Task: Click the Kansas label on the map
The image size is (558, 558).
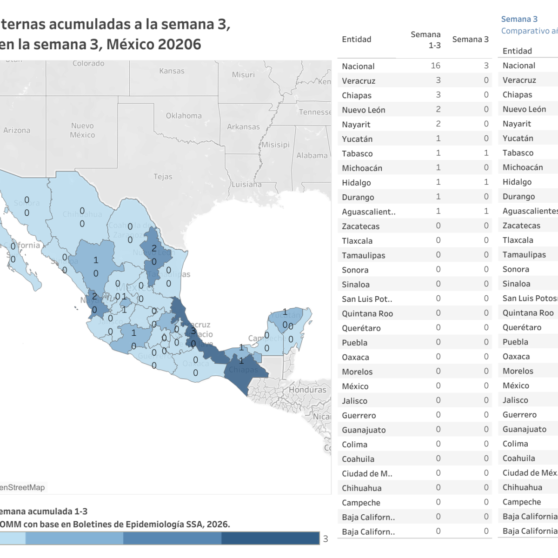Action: [x=172, y=71]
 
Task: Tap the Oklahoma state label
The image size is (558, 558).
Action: [x=184, y=116]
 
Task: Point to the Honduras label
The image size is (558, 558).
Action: [x=307, y=390]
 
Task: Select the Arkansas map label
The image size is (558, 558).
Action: [x=243, y=126]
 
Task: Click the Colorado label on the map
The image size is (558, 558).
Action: [x=88, y=63]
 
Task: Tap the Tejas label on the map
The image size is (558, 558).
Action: [x=163, y=177]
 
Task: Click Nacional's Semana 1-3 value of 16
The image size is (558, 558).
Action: [x=435, y=66]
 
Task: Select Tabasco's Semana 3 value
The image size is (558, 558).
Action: [x=486, y=153]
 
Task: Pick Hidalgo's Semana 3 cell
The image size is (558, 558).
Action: [x=486, y=182]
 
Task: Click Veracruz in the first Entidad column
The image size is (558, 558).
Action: [x=359, y=81]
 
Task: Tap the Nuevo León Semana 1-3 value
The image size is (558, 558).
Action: [x=438, y=109]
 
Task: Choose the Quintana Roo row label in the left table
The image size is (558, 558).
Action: [x=367, y=313]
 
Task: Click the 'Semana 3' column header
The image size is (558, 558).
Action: [x=470, y=40]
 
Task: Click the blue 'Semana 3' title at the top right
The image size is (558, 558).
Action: [x=519, y=19]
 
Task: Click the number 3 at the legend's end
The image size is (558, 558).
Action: [x=325, y=539]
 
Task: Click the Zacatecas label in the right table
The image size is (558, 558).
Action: [x=521, y=226]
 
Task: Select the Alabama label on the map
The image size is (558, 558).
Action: [x=312, y=156]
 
